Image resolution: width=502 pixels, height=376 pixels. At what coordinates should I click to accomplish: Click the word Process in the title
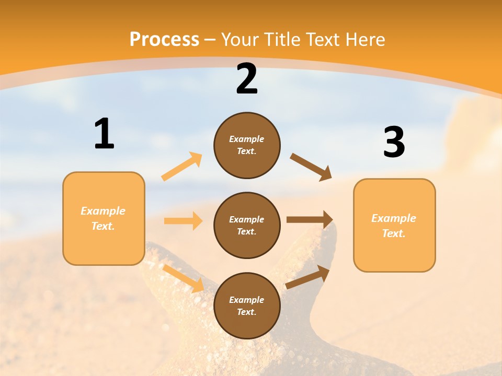(164, 40)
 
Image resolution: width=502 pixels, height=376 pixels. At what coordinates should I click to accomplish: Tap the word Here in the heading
(364, 40)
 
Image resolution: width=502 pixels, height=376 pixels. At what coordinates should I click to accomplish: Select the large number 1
(104, 134)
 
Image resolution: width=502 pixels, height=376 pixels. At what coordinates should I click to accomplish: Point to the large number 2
(247, 79)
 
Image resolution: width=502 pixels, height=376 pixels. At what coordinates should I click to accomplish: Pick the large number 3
(394, 142)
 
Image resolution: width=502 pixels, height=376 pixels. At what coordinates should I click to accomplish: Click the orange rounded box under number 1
(104, 218)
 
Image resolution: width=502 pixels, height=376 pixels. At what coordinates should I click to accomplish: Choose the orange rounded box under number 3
(394, 225)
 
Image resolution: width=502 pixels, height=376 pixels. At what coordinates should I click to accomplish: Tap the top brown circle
(247, 145)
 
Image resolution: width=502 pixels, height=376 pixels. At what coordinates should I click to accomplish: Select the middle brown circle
(247, 225)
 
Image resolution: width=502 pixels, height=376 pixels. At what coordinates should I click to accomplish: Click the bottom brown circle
(247, 305)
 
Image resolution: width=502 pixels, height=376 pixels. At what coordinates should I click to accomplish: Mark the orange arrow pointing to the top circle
(182, 167)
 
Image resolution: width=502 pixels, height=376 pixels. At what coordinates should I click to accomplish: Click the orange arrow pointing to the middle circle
(183, 221)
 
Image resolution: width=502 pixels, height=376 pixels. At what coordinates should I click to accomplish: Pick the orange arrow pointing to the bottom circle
(184, 278)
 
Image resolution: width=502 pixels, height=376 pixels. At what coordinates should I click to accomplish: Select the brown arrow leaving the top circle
(311, 167)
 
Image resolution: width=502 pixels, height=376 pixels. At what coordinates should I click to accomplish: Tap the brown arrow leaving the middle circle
(310, 220)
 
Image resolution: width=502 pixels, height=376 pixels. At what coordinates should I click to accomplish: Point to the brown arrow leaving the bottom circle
(307, 277)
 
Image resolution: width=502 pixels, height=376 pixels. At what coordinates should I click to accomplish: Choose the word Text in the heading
(323, 40)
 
